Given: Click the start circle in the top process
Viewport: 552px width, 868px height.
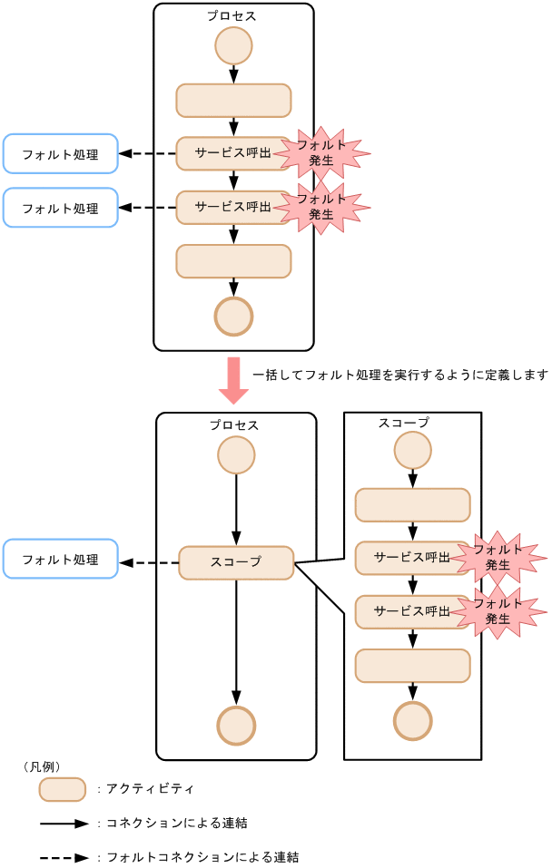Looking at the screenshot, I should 233,45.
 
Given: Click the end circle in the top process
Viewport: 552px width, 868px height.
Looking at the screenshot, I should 233,316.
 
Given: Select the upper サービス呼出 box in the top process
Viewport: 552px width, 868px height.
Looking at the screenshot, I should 233,153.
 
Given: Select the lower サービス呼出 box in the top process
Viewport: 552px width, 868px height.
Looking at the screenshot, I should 233,207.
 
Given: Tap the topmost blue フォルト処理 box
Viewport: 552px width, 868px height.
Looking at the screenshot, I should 61,153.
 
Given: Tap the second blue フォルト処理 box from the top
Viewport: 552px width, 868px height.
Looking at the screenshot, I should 61,208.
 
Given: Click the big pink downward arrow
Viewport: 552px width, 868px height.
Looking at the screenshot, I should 233,381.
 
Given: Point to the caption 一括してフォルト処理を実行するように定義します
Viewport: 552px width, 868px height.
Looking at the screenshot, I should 399,374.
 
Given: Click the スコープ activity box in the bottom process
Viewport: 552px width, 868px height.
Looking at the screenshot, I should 236,562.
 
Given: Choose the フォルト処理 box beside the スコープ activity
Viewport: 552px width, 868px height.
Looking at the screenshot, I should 61,559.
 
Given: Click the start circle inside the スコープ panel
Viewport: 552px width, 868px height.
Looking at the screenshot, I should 412,450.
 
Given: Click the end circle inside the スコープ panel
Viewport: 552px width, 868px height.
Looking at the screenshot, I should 412,721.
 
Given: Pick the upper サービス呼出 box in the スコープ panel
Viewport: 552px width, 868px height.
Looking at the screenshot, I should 411,558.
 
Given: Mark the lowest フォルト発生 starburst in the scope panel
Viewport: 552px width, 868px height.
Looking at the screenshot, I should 498,611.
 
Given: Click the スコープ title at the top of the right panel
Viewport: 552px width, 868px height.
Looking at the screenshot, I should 403,423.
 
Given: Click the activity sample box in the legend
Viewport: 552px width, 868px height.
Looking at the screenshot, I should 63,789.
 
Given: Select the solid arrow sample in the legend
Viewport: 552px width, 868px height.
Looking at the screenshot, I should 64,824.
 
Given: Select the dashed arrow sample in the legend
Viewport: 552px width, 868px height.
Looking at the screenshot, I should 64,856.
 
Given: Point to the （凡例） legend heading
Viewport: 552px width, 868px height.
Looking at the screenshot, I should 41,766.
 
